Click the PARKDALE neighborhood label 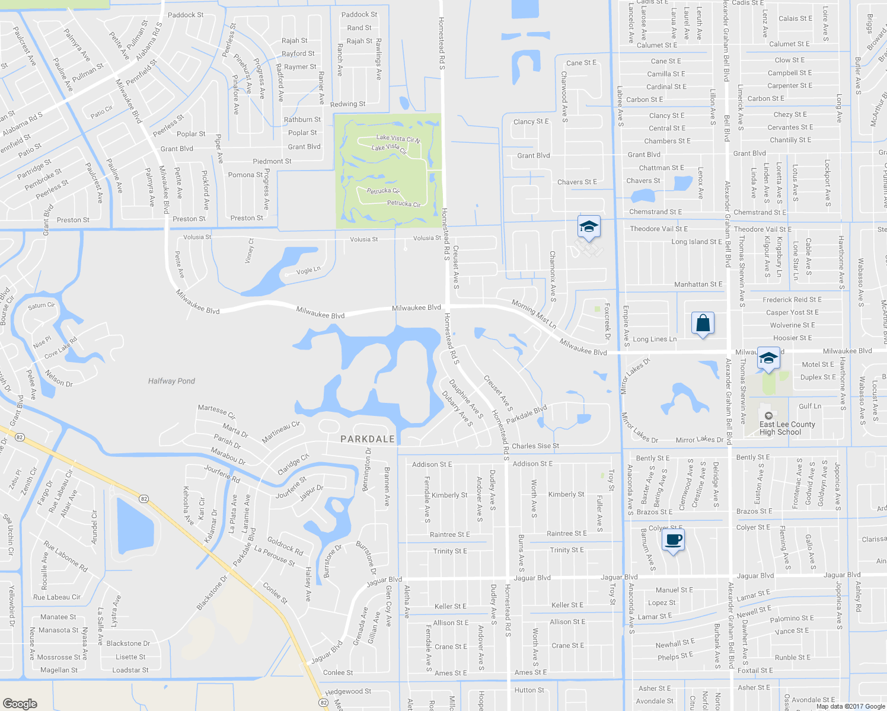pyautogui.click(x=368, y=439)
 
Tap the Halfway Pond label pyautogui.click(x=171, y=381)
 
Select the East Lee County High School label pyautogui.click(x=787, y=428)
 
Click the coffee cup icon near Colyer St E pyautogui.click(x=673, y=540)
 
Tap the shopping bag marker pyautogui.click(x=703, y=324)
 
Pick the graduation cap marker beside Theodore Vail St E pyautogui.click(x=589, y=227)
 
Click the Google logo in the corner pyautogui.click(x=20, y=703)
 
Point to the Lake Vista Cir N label pyautogui.click(x=398, y=139)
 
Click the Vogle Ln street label pyautogui.click(x=308, y=270)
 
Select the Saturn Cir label pyautogui.click(x=42, y=306)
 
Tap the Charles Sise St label pyautogui.click(x=535, y=446)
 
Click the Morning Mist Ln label pyautogui.click(x=534, y=315)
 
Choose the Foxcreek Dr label pyautogui.click(x=607, y=322)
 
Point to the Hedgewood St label pyautogui.click(x=348, y=691)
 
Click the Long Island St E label pyautogui.click(x=697, y=242)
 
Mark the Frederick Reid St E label pyautogui.click(x=792, y=300)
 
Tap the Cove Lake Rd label pyautogui.click(x=60, y=348)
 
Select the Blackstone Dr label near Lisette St pyautogui.click(x=128, y=643)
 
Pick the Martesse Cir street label pyautogui.click(x=216, y=411)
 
